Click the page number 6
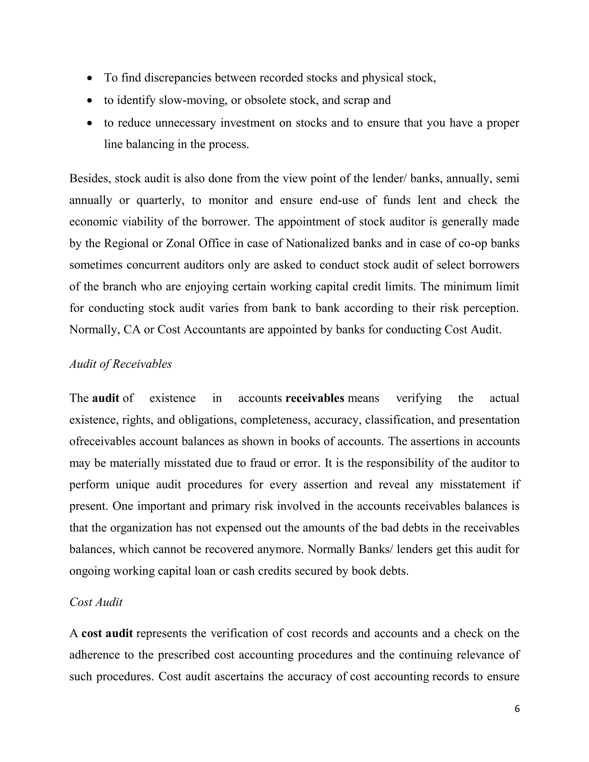click(517, 709)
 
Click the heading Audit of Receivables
click(121, 364)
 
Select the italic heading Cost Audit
click(96, 602)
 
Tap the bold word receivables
click(315, 398)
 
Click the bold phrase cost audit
click(107, 633)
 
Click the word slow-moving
click(193, 100)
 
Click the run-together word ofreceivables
click(102, 441)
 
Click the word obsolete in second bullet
click(265, 100)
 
